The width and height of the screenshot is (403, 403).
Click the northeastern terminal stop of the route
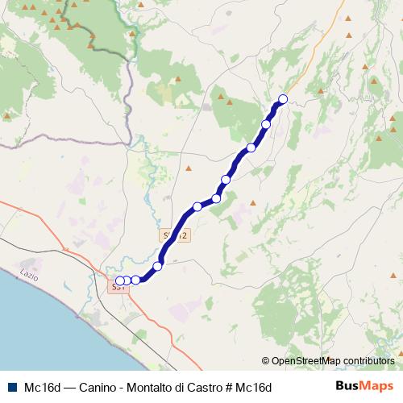(282, 99)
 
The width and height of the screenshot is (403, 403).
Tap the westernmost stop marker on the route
(120, 280)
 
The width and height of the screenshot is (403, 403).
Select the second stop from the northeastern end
(266, 124)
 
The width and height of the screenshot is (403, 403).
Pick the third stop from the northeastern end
(251, 147)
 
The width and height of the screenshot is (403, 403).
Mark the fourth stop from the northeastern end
(226, 180)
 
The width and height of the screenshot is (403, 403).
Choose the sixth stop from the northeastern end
(197, 206)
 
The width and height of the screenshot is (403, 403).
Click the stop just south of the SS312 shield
(158, 265)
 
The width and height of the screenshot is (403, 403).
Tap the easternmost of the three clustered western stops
(135, 280)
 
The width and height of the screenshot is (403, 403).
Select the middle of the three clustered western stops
(127, 280)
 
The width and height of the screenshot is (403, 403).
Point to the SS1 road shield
(118, 287)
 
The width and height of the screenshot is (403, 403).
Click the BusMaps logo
(364, 386)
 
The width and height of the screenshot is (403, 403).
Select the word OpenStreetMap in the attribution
(305, 361)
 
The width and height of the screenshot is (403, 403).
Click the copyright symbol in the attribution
(266, 361)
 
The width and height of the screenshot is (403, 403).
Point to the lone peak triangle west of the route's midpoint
(188, 168)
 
